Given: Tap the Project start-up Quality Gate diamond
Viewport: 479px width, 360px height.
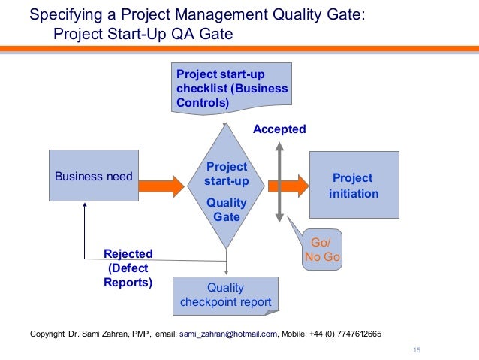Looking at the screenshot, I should coord(226,187).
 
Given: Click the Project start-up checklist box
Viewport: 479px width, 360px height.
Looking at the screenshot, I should coord(230,88).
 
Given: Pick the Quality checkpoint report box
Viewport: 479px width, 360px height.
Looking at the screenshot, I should coord(225,295).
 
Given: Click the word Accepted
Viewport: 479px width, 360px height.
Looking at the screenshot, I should coord(279,129).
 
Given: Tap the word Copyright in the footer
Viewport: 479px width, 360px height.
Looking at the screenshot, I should coord(47,334).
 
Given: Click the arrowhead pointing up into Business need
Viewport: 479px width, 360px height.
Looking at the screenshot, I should coord(85,206).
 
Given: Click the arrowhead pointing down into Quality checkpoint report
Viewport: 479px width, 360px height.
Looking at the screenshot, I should coord(226,272).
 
